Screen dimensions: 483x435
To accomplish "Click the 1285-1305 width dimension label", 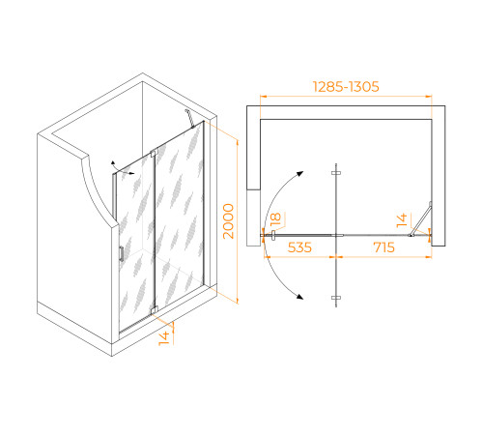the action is tap(346, 87).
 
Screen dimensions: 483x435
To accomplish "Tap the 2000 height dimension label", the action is tap(229, 221).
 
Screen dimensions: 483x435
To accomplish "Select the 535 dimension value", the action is tap(299, 247).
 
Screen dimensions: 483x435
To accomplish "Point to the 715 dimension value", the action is tap(384, 247).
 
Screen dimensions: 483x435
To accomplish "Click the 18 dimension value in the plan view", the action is tap(275, 218).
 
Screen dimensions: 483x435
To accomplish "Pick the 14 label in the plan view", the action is tap(402, 220).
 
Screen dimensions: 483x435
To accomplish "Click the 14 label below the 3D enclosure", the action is tap(164, 338).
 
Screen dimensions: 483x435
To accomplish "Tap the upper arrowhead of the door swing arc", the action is tap(300, 174).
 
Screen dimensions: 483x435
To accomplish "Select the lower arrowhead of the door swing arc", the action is tap(300, 297).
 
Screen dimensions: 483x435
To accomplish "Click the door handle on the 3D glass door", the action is tap(122, 253).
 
